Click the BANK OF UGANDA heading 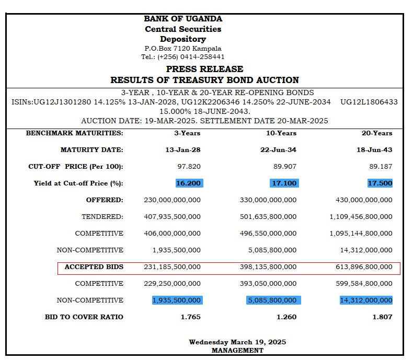click(x=183, y=19)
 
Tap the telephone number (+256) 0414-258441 click(x=190, y=57)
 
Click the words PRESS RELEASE click(x=204, y=69)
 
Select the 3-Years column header click(x=187, y=133)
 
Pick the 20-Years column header click(x=376, y=133)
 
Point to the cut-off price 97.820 click(x=189, y=167)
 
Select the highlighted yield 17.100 click(x=284, y=183)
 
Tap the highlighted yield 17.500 click(x=380, y=183)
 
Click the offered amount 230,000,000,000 click(x=172, y=200)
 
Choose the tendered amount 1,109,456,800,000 click(x=361, y=217)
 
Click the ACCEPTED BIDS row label click(x=94, y=267)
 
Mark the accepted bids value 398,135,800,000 click(x=268, y=267)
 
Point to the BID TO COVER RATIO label click(x=84, y=317)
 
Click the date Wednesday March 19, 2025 click(x=237, y=342)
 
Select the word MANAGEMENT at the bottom click(x=237, y=351)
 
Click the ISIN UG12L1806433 click(x=369, y=102)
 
